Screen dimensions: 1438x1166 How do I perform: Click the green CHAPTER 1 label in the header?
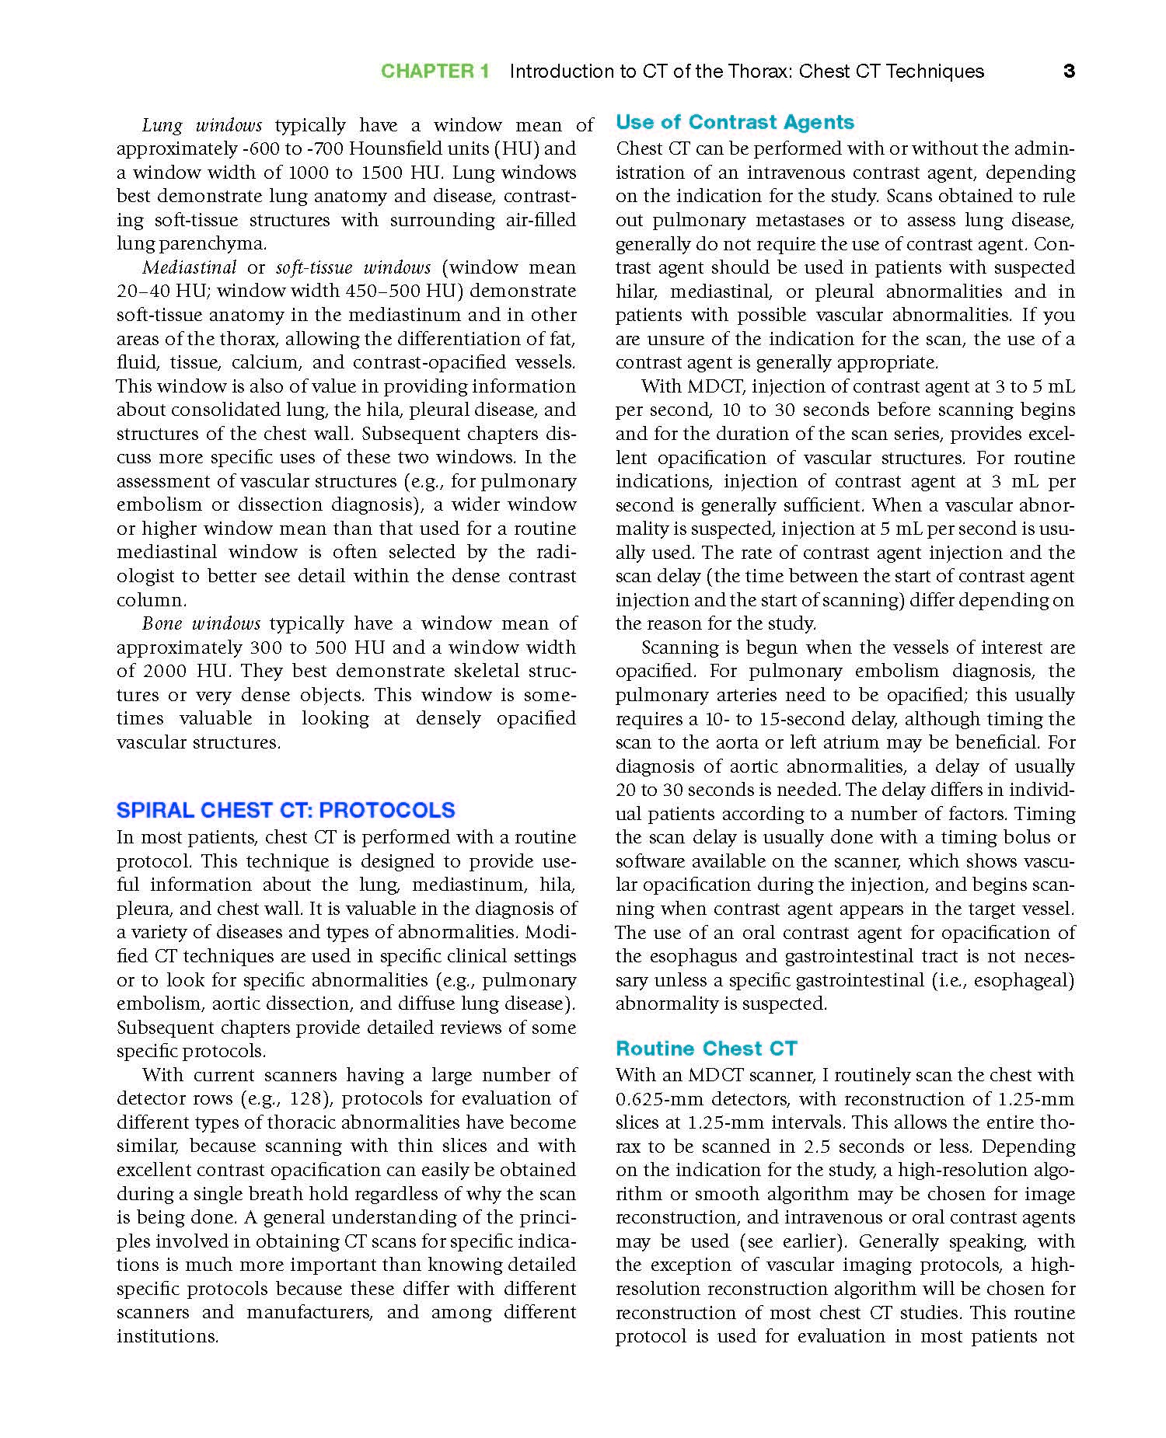[435, 72]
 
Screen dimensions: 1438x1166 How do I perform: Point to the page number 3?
[1069, 72]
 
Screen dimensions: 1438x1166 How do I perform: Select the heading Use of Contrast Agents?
[735, 122]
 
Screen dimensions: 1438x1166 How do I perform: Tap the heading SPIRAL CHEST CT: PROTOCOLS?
[285, 810]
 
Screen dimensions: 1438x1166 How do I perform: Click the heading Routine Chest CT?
[706, 1049]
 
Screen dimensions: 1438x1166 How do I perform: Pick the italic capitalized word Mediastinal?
[189, 267]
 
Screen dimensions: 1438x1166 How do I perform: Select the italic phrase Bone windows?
[201, 623]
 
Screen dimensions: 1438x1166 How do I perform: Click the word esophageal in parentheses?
[1021, 979]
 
